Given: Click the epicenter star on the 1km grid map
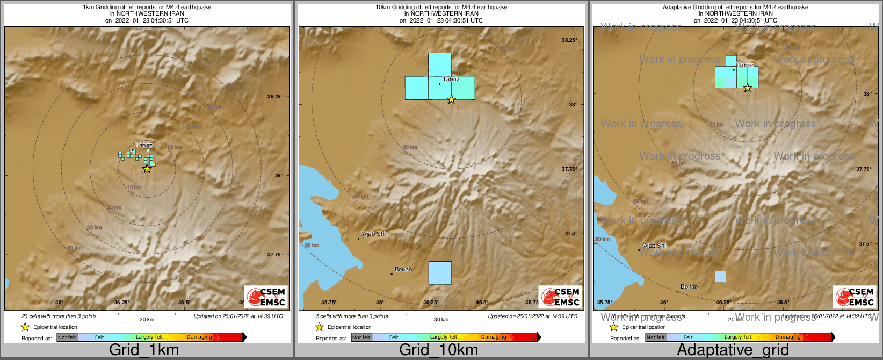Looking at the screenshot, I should [147, 169].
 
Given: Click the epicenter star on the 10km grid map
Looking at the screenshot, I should [451, 99].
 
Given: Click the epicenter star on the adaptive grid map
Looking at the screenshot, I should [747, 88].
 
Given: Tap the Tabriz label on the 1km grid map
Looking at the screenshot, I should [144, 145].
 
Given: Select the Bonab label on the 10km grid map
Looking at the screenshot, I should [403, 269].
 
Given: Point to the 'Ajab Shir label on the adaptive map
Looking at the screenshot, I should [656, 246].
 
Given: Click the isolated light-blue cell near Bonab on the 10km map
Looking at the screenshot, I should [440, 272].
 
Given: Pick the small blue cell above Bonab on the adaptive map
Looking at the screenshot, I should [720, 276].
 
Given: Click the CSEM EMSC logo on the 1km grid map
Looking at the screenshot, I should [266, 297].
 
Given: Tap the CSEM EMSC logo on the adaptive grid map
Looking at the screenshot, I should [855, 297].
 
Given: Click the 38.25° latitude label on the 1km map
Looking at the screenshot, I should [275, 96].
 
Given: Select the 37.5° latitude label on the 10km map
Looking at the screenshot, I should [570, 234].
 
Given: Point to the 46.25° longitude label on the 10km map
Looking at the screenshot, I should [431, 303].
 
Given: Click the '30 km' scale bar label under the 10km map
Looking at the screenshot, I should [441, 319].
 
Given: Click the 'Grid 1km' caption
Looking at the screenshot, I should [144, 350].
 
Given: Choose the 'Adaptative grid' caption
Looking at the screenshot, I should [733, 350].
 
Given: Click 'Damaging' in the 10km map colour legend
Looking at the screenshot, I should [494, 337].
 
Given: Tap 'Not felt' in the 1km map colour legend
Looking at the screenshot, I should [67, 337].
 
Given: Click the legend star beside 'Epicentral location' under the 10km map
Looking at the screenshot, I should [319, 327].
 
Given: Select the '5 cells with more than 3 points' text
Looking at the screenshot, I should [352, 316].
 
